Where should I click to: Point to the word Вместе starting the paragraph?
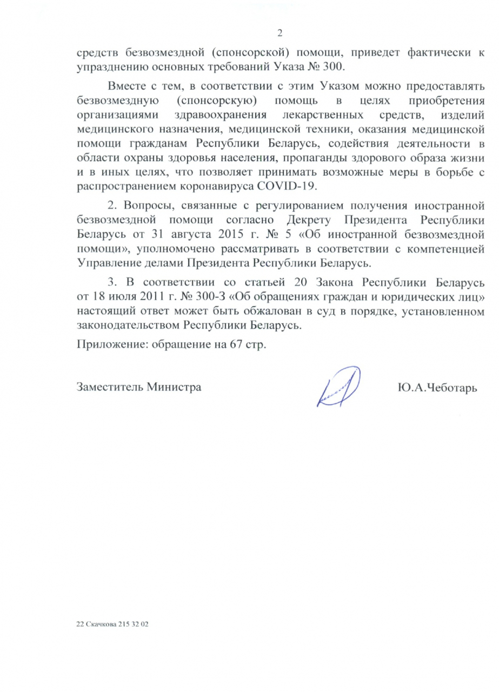[126, 86]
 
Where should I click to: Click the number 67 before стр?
[234, 344]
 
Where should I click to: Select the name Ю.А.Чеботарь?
[436, 388]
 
